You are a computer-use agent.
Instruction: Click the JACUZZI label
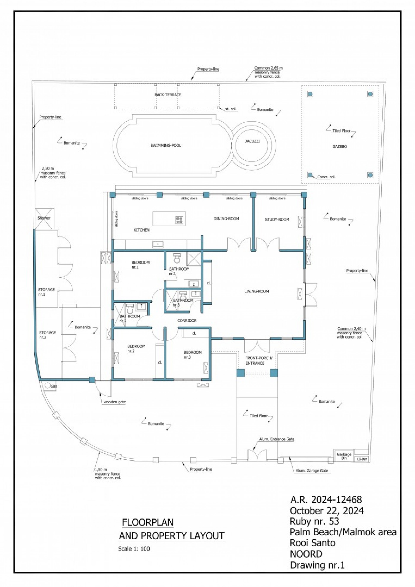point(252,141)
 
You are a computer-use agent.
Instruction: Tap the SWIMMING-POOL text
point(166,145)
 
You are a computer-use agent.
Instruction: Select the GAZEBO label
point(340,146)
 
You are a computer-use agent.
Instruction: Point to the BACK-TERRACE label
point(168,95)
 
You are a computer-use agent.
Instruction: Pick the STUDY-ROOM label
point(277,219)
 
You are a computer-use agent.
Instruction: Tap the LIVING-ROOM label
point(256,291)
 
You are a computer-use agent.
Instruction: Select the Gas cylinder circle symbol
point(47,385)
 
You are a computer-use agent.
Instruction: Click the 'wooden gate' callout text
point(115,402)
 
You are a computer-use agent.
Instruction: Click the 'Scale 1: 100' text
point(134,549)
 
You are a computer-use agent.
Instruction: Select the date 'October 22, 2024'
point(326,511)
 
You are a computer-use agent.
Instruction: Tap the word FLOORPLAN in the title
point(148,522)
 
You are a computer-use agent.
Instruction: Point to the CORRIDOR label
point(187,321)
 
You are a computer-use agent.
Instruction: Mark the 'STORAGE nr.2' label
point(47,335)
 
